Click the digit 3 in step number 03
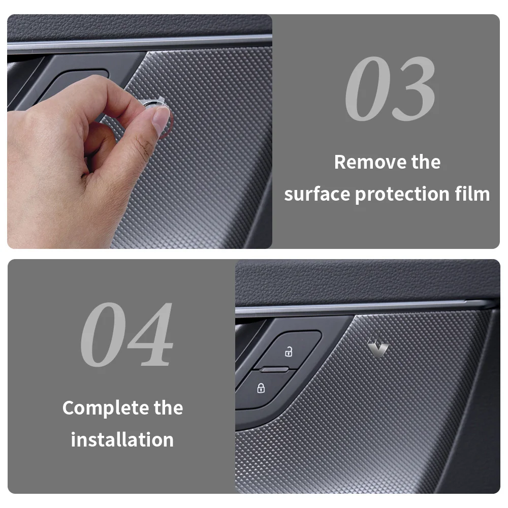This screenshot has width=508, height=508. (413, 88)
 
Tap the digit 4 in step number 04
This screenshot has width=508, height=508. (150, 335)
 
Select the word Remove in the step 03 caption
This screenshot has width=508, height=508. (370, 162)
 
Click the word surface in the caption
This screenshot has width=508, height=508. (317, 195)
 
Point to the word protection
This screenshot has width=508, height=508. (402, 195)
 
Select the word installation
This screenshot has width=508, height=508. (122, 439)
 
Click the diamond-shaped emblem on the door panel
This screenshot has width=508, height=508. (378, 343)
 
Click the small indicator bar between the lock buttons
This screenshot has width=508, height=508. (274, 369)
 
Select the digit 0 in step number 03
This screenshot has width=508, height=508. (367, 88)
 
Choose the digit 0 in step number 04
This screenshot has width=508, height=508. (103, 335)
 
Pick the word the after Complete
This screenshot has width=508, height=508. (169, 407)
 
